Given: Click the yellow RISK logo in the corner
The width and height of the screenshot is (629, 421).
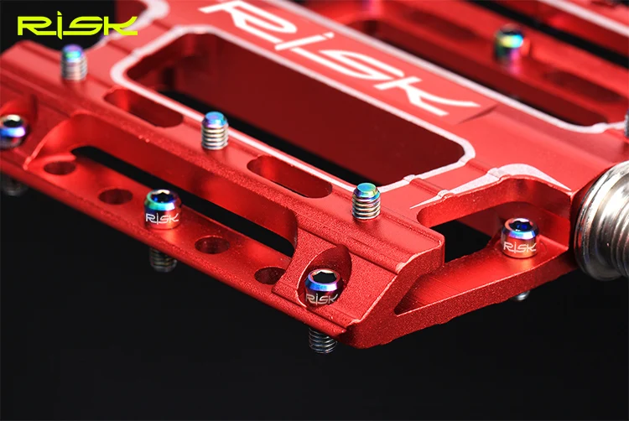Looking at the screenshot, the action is (x=77, y=26).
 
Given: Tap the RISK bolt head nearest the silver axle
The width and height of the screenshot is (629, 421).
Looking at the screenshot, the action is (x=520, y=238).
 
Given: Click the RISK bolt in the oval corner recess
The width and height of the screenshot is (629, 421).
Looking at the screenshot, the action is (x=324, y=287).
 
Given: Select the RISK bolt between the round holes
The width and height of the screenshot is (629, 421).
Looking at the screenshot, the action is (x=163, y=209).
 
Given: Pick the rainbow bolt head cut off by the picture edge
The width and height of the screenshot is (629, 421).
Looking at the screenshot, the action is (x=11, y=131).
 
